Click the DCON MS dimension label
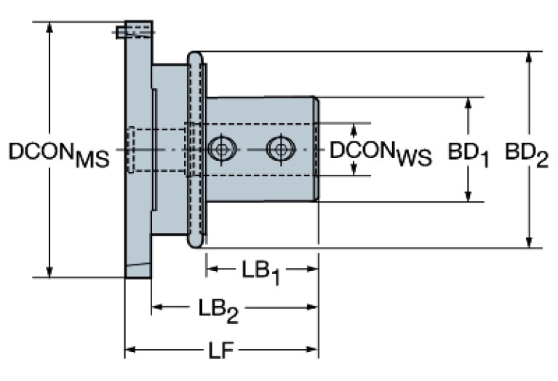59,154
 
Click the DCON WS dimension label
380,154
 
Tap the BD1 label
469,154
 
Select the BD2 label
527,154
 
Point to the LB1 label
261,272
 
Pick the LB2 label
218,311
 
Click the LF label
221,350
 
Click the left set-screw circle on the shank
222,149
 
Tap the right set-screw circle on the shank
281,149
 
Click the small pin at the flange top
120,33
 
